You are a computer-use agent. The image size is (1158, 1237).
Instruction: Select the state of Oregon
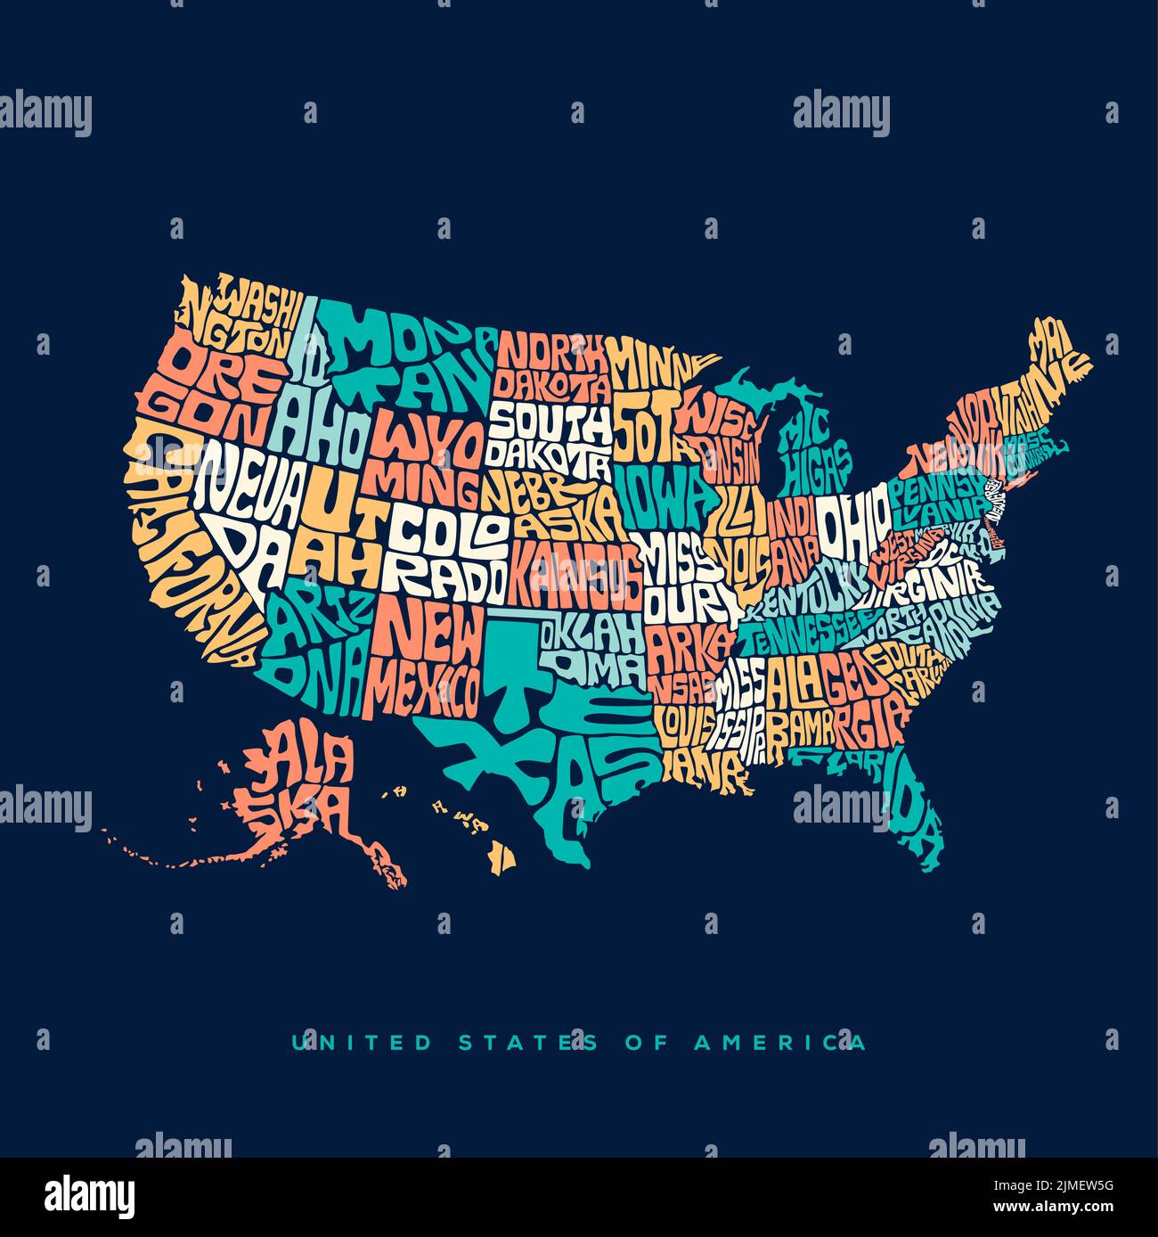214,392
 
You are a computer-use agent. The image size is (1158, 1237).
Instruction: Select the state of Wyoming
428,459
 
